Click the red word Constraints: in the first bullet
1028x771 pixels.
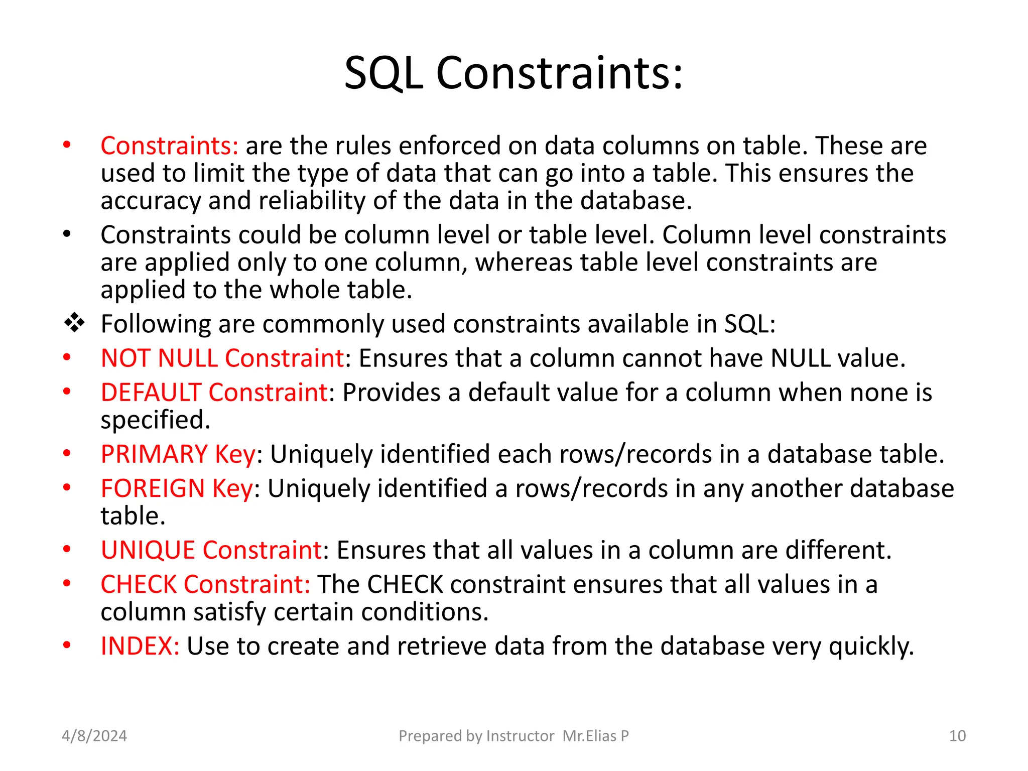169,146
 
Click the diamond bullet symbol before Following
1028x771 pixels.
74,323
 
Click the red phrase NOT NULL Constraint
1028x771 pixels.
222,358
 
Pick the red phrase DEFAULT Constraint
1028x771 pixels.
214,393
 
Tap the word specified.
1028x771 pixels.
155,420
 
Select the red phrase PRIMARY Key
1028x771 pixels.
178,454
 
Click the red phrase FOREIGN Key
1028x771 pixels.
177,488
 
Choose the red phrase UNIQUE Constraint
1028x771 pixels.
211,550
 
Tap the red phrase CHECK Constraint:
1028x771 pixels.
205,585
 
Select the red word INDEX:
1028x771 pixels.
140,646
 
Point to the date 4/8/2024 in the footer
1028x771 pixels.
94,736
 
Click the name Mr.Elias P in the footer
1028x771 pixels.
595,736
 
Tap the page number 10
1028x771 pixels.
957,736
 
